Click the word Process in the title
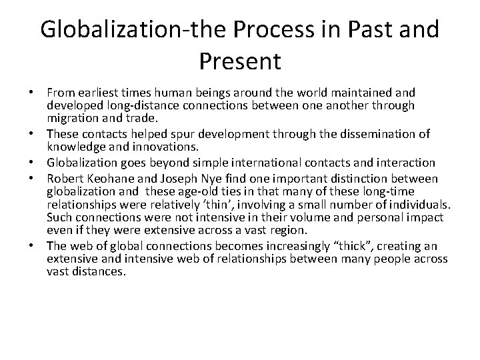point(274,31)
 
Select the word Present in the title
point(240,62)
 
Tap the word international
point(285,162)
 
